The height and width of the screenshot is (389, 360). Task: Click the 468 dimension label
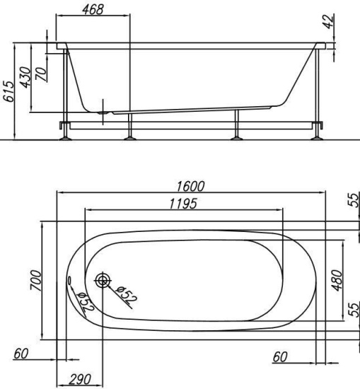(x=93, y=10)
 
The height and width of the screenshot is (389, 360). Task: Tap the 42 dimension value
(x=330, y=22)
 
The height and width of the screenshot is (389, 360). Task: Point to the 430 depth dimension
(x=26, y=77)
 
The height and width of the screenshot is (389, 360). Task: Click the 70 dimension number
(x=42, y=74)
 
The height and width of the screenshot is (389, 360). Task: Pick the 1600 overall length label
(x=190, y=186)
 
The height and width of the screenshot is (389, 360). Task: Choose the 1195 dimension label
(x=183, y=204)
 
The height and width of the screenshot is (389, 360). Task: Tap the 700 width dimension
(x=35, y=280)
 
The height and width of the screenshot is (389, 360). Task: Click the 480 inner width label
(x=337, y=280)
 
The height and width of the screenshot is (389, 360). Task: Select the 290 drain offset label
(x=80, y=380)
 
